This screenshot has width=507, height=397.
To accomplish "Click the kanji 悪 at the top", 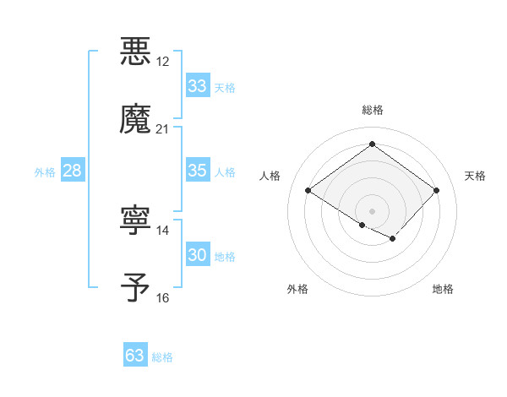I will pos(136,51).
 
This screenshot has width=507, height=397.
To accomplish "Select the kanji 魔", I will pos(136,118).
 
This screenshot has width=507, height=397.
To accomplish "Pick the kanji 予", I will pos(136,287).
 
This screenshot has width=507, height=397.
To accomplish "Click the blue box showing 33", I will pos(197,86).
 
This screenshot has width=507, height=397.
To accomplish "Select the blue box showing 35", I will pos(197,171).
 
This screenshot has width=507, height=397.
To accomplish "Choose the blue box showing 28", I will pos(73,171).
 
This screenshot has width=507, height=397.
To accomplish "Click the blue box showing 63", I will pos(134,356).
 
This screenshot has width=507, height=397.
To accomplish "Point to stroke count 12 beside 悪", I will pos(163,62).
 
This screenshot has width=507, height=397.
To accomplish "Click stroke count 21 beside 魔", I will pos(163,129).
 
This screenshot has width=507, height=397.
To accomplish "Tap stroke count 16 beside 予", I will pos(163,298).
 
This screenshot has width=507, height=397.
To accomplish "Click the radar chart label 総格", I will pos(372,111).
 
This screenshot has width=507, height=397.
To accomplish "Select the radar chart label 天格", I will pos(475,176).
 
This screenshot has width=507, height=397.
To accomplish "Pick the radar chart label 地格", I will pos(443,289).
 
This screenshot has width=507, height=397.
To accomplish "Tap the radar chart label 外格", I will pos(297,289).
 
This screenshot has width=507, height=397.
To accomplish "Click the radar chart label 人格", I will pos(270,176).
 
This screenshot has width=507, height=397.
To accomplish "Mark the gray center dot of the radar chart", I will pos(372,210).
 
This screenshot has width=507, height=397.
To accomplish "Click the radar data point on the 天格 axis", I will pos(436,190).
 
